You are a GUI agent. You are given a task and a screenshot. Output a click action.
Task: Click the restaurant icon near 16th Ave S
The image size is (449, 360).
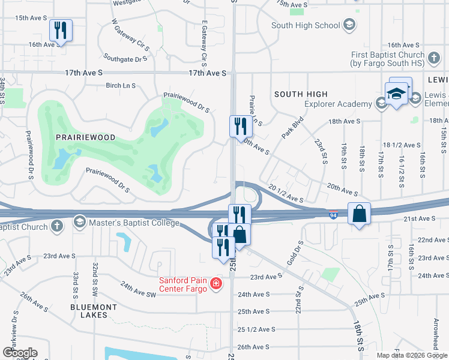(61, 30)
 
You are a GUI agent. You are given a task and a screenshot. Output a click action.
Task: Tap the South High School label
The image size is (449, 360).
(306, 25)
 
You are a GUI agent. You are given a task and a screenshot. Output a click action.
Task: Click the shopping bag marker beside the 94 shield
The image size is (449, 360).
(359, 214)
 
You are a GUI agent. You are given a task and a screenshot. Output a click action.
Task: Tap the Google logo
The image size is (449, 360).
(20, 353)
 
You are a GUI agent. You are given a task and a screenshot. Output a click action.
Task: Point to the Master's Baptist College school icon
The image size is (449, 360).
(79, 223)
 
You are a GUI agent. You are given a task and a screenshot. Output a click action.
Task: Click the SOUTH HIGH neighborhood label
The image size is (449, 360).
(301, 94)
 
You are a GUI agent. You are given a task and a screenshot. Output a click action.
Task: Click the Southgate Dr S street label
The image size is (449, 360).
(125, 59)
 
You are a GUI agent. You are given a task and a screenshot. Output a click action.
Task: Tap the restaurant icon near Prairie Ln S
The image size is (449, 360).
(238, 125)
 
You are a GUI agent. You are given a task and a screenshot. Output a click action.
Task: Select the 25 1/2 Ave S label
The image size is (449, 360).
(256, 329)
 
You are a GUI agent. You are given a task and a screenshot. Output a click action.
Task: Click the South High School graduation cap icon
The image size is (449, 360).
(349, 25)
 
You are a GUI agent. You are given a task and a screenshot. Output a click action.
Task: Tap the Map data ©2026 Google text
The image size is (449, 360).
(411, 355)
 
